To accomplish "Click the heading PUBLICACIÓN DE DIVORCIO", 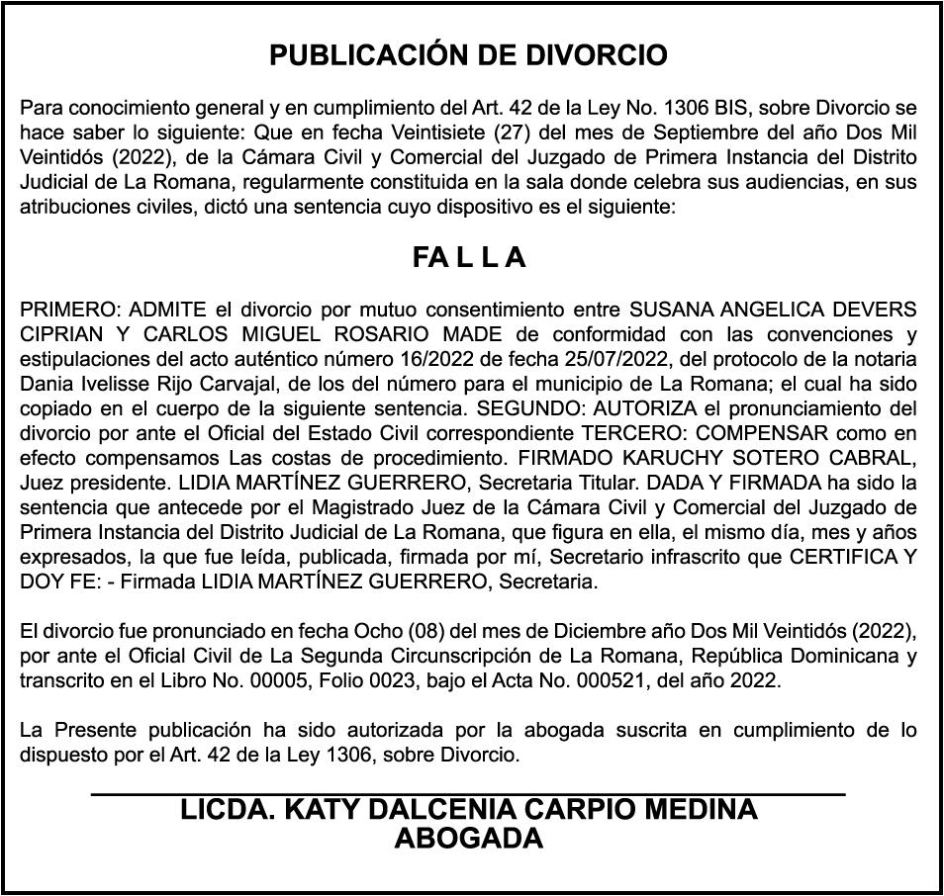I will click(x=469, y=55).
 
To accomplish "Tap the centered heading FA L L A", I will click(x=469, y=258).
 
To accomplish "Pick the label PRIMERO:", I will click(x=64, y=310).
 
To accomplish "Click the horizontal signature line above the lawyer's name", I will click(x=469, y=794).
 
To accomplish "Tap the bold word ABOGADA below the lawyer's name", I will click(x=469, y=839).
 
